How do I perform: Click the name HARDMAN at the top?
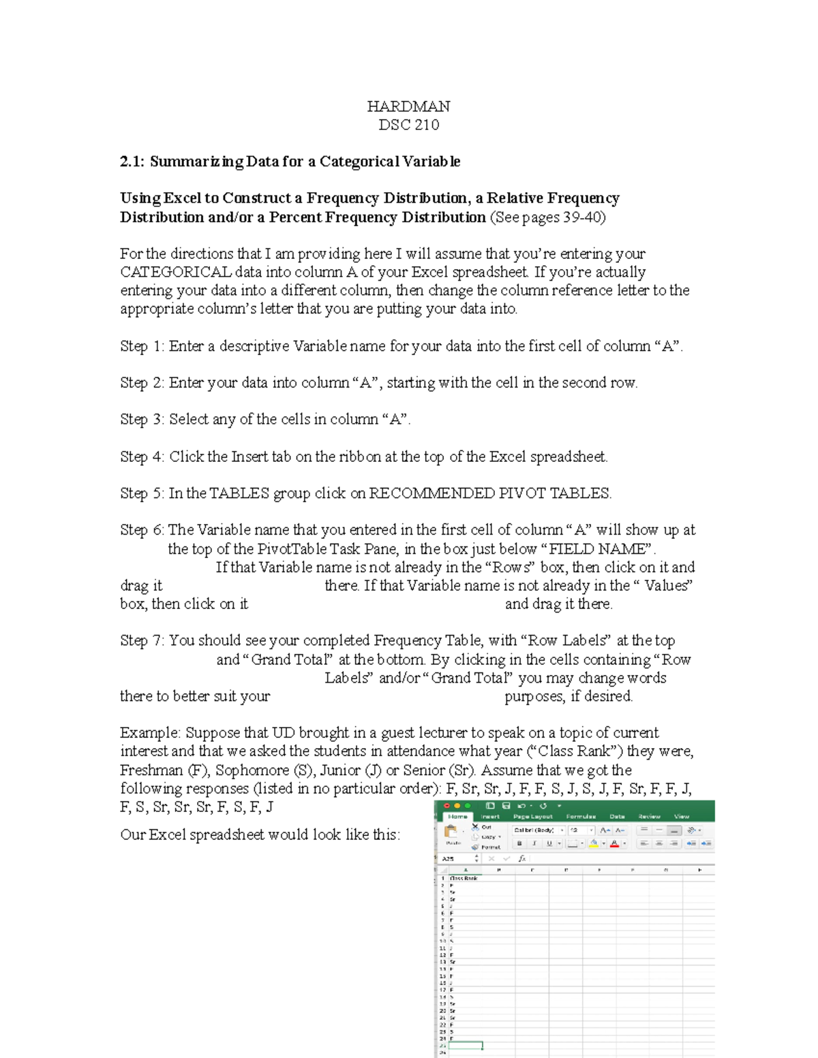point(408,106)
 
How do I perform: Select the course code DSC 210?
point(408,125)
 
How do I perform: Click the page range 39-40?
point(581,217)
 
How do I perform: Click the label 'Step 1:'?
point(142,346)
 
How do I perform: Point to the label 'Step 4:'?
point(142,456)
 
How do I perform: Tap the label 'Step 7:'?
point(142,640)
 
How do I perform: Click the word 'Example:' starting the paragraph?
point(150,733)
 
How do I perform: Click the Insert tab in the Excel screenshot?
point(490,816)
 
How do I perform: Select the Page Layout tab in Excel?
point(533,816)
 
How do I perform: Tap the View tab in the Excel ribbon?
point(682,816)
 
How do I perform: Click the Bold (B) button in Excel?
point(519,843)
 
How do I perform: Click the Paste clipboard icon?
point(451,833)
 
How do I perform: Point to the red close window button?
point(447,805)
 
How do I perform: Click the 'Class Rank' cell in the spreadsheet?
point(464,878)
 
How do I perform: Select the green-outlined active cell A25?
point(465,1045)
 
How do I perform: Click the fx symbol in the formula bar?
point(521,859)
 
